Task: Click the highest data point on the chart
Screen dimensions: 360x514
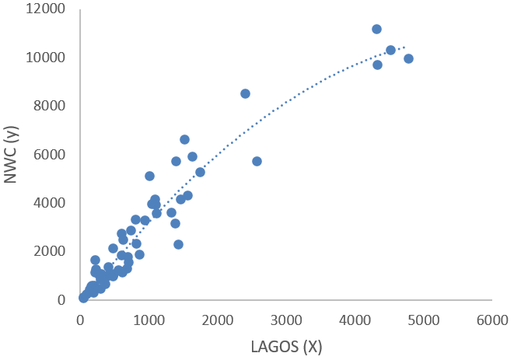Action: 376,29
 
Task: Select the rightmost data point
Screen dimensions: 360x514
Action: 408,58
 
